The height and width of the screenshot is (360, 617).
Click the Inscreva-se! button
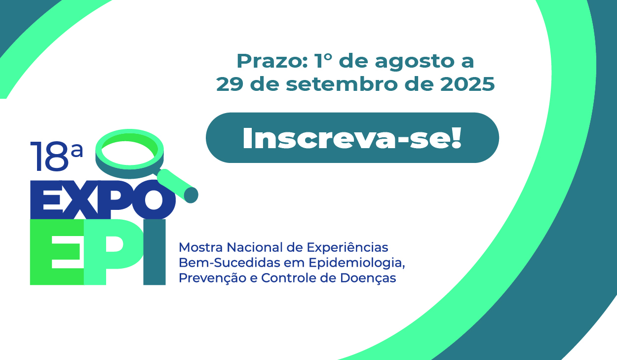point(352,138)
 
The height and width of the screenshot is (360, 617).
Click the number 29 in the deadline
point(230,84)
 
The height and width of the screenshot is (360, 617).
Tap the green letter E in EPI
point(56,252)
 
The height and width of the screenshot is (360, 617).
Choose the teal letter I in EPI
point(154,252)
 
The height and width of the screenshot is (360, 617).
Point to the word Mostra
point(197,246)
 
